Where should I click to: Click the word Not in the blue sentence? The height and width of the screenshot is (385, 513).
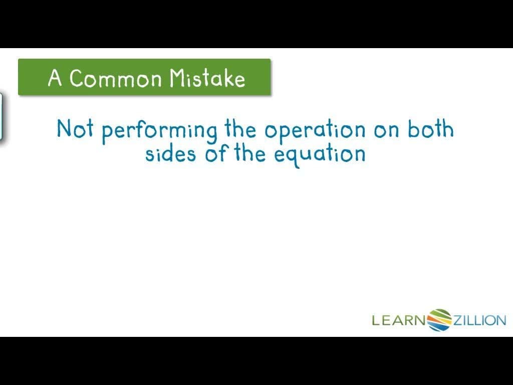pyautogui.click(x=75, y=129)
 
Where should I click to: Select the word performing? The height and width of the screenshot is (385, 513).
pyautogui.click(x=159, y=131)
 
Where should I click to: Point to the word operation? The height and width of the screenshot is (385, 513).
pyautogui.click(x=315, y=131)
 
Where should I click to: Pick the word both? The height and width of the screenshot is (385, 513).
pyautogui.click(x=430, y=129)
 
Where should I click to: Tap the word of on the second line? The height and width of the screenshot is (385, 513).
pyautogui.click(x=216, y=153)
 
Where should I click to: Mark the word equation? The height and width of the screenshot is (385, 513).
pyautogui.click(x=320, y=154)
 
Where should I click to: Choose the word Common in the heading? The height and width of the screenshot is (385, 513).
pyautogui.click(x=116, y=78)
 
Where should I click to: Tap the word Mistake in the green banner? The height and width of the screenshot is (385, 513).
pyautogui.click(x=207, y=78)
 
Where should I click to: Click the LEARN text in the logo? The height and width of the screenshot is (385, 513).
pyautogui.click(x=398, y=320)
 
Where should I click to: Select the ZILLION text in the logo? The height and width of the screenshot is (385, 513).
pyautogui.click(x=479, y=320)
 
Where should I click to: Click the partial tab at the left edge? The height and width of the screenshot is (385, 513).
pyautogui.click(x=2, y=116)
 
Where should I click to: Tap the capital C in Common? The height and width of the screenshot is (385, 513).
pyautogui.click(x=77, y=78)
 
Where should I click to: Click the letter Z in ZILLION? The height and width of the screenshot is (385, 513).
pyautogui.click(x=458, y=320)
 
